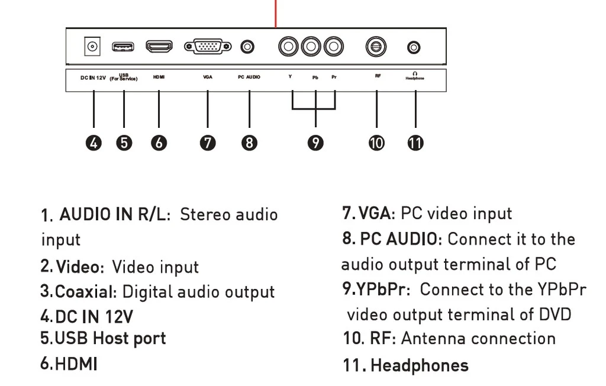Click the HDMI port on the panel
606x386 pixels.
point(159,46)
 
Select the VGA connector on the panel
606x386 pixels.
point(207,46)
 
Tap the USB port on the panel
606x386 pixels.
point(124,46)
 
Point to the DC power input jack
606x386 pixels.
point(92,46)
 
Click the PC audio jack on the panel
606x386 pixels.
point(249,46)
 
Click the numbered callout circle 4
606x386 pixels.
point(94,143)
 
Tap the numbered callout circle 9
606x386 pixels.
point(316,143)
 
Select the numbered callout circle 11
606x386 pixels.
point(416,143)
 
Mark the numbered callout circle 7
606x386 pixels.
point(208,143)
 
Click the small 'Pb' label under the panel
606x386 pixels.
point(315,78)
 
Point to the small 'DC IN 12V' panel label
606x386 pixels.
point(94,78)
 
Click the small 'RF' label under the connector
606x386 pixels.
point(378,76)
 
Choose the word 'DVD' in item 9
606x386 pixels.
point(554,314)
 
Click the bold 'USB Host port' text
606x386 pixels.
point(110,339)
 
